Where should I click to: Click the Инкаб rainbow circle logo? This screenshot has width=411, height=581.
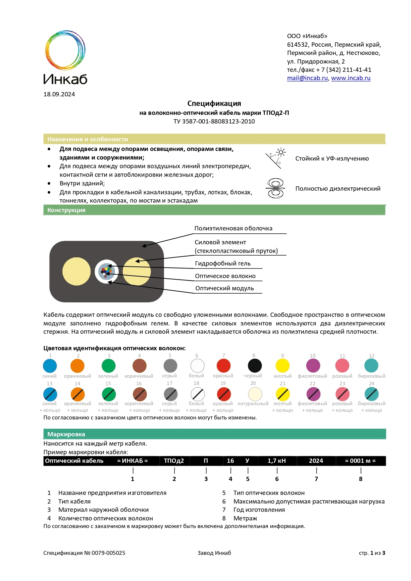(x=65, y=50)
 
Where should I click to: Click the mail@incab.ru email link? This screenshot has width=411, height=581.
(x=307, y=78)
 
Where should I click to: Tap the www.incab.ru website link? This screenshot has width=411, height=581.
(x=351, y=78)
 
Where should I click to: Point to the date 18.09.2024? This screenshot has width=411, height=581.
(x=59, y=94)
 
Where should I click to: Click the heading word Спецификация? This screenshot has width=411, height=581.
(x=214, y=103)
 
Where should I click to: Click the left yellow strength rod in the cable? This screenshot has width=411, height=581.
(x=77, y=271)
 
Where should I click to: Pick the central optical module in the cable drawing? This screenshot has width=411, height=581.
(x=107, y=272)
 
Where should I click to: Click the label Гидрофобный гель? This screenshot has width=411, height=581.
(x=223, y=264)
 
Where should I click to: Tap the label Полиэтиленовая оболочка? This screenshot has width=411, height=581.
(x=233, y=228)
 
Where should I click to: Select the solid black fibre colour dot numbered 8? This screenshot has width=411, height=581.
(x=255, y=366)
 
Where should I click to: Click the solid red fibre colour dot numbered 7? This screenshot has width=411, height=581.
(x=224, y=366)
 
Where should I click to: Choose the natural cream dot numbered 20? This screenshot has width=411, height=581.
(x=255, y=394)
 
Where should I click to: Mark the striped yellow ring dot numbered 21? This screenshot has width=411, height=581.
(x=283, y=394)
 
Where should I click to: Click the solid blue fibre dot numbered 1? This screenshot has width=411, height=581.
(x=50, y=366)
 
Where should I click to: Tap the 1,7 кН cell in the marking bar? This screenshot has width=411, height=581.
(x=277, y=461)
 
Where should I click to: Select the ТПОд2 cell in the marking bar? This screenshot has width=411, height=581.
(x=174, y=461)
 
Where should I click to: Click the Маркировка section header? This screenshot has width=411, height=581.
(x=66, y=434)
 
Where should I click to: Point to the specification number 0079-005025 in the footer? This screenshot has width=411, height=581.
(x=108, y=553)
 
